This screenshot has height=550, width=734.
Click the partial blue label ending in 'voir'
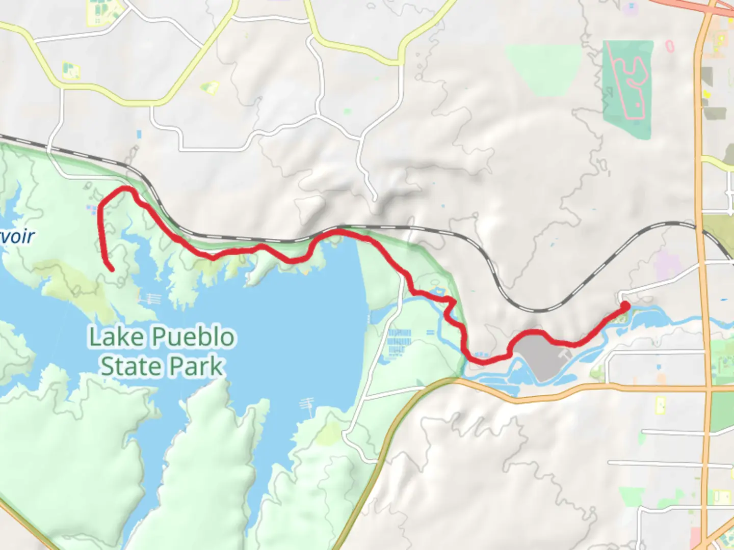tap(17, 236)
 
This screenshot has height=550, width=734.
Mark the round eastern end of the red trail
tap(625, 306)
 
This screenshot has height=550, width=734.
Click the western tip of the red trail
tap(111, 269)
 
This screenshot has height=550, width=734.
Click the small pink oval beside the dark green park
tap(670, 46)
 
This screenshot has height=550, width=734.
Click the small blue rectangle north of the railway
tap(139, 134)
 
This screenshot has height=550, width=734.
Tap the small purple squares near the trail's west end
tap(92, 209)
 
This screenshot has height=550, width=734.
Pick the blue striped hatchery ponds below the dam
tap(399, 341)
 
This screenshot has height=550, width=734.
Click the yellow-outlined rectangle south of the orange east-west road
tap(661, 405)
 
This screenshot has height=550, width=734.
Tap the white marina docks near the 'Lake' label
tap(152, 299)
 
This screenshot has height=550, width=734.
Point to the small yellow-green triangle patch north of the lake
tap(209, 89)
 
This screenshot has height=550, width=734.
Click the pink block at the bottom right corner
tap(695, 537)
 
